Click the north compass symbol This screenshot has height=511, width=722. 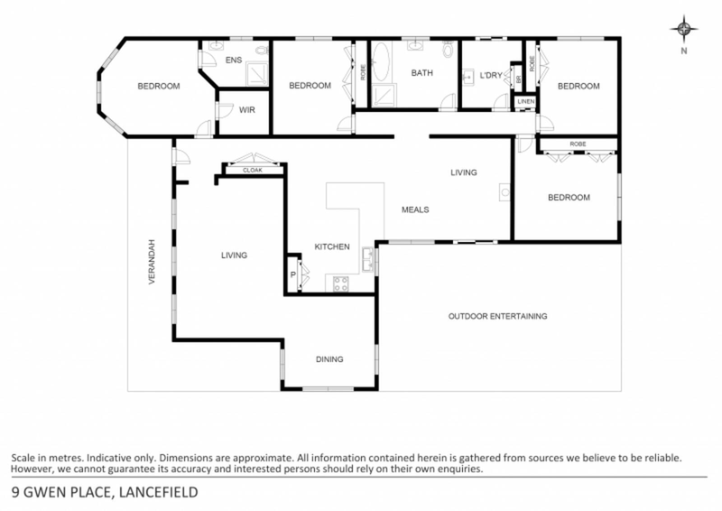(684, 31)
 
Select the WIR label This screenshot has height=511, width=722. (245, 110)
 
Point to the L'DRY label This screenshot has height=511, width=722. (490, 74)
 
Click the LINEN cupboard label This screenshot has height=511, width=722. (524, 101)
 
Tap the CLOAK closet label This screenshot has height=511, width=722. (252, 169)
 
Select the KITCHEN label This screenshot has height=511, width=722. (331, 246)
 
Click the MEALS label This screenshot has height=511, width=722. (414, 209)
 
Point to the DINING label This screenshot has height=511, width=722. (329, 359)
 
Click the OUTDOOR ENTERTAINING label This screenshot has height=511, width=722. (498, 316)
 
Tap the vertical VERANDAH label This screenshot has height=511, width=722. (153, 262)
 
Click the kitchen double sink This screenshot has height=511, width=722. (367, 262)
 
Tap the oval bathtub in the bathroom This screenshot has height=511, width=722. (380, 65)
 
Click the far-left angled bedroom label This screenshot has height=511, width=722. (159, 87)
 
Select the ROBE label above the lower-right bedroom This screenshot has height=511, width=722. (578, 144)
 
